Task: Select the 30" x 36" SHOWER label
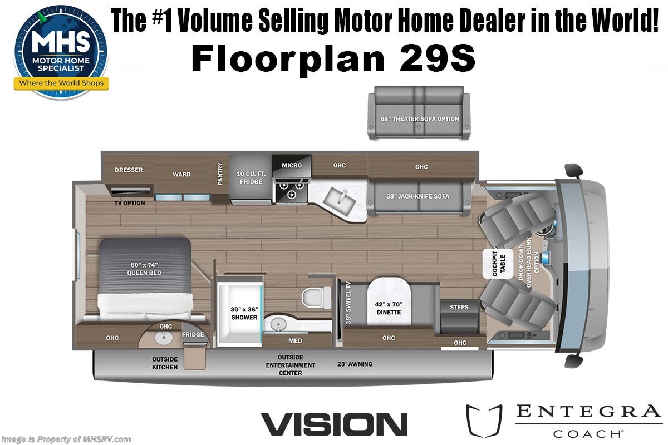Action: click(244, 313)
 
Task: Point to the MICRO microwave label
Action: click(292, 165)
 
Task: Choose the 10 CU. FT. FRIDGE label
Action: click(251, 177)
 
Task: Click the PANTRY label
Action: click(220, 174)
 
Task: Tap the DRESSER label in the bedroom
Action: click(129, 170)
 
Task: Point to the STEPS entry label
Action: click(459, 307)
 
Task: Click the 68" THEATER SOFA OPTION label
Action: click(420, 118)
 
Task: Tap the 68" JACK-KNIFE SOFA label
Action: click(418, 196)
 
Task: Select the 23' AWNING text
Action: click(355, 364)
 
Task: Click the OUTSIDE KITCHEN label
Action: click(165, 363)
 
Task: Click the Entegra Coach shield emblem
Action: click(483, 421)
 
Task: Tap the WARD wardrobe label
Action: click(181, 174)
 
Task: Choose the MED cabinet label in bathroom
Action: click(295, 340)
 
